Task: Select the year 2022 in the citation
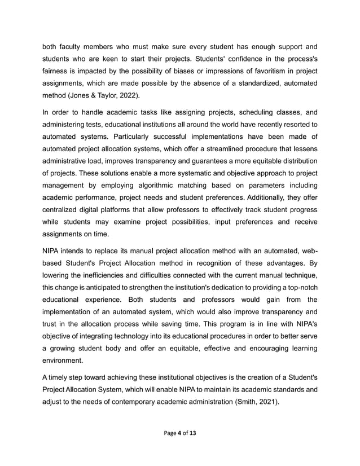point(127,95)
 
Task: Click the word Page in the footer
point(170,433)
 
